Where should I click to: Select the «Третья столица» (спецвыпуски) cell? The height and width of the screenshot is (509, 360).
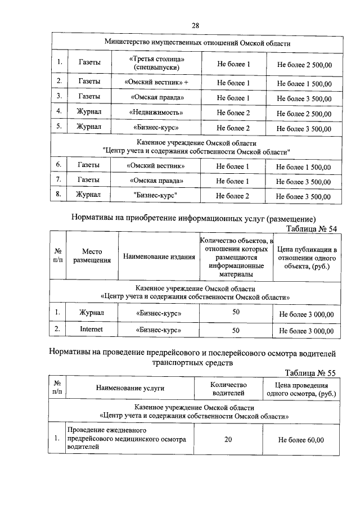point(156,64)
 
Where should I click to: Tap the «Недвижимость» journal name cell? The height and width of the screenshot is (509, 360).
point(156,112)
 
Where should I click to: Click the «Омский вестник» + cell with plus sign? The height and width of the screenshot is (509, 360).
point(156,83)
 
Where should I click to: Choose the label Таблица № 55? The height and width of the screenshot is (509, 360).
point(310,373)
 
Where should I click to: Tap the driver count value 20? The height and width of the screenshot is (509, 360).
point(228,439)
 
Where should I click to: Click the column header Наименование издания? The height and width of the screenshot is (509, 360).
point(159,257)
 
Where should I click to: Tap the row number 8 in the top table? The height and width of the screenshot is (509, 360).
point(58,195)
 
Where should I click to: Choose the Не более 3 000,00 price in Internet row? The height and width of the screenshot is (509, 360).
point(307,330)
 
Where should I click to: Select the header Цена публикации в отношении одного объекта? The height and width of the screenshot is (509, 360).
point(307,257)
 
